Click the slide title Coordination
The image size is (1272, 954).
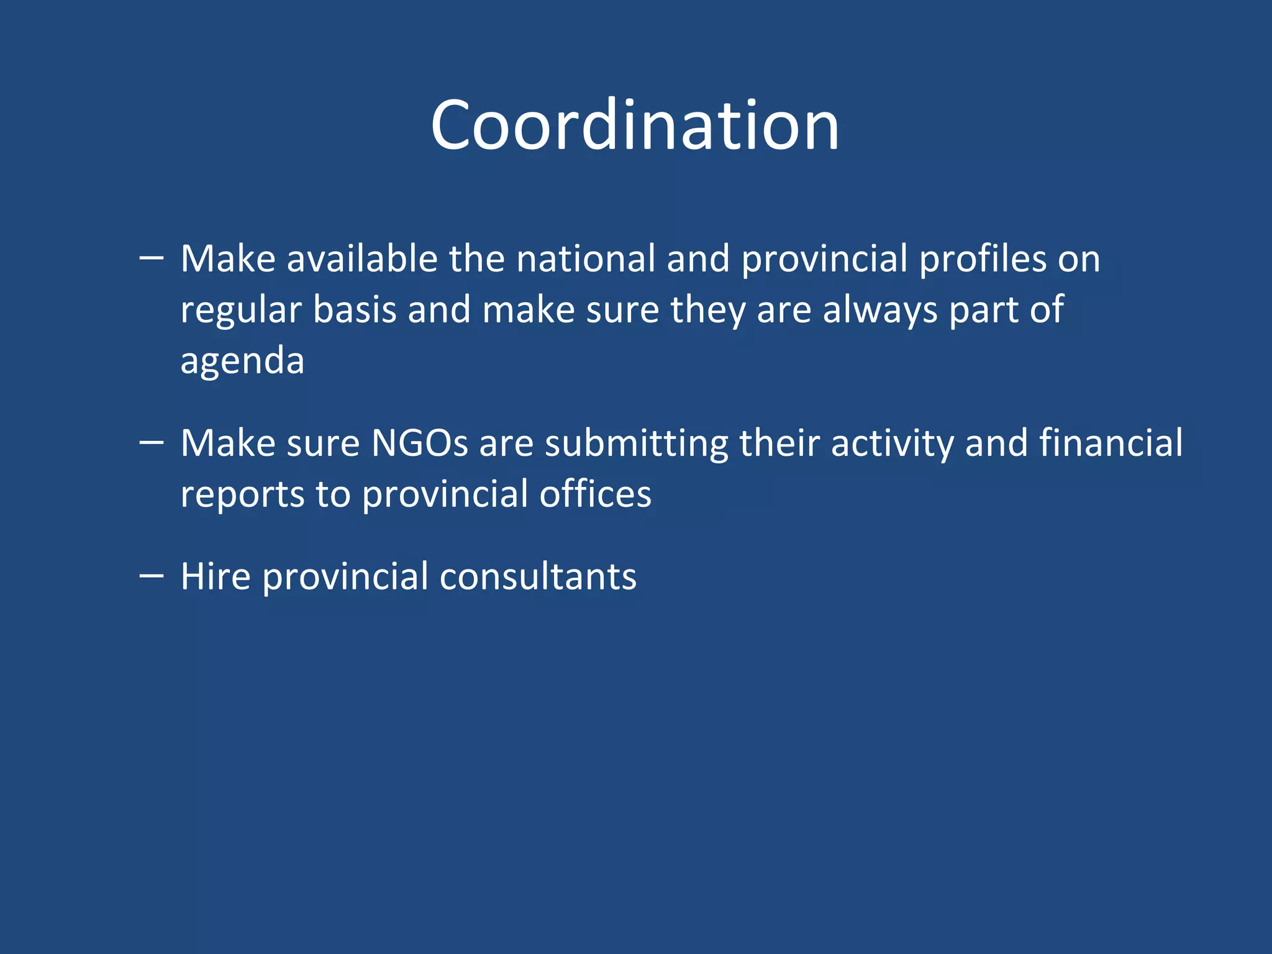[635, 125]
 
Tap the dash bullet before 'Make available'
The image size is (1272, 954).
[152, 257]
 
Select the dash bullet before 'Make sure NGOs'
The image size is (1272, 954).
[152, 442]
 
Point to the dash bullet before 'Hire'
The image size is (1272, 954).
[152, 576]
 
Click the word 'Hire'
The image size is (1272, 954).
[215, 576]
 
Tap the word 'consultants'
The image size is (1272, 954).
[538, 576]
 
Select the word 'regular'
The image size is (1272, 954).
[241, 310]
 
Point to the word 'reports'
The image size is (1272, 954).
[242, 495]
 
